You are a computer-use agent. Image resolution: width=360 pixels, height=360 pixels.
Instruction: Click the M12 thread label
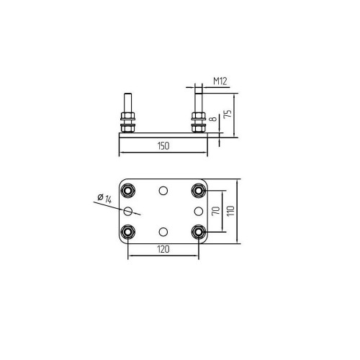click(x=220, y=81)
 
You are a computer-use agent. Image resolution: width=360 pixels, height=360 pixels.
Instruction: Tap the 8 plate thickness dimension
click(x=214, y=118)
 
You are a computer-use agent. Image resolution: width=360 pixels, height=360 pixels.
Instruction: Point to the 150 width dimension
click(x=163, y=146)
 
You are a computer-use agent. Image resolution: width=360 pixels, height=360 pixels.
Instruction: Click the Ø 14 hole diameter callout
click(x=105, y=199)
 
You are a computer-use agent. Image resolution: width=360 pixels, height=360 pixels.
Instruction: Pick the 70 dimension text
click(x=216, y=210)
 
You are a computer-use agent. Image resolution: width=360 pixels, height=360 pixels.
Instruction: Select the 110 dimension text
click(x=231, y=211)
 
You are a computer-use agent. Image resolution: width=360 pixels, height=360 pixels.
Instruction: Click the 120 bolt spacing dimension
click(x=163, y=250)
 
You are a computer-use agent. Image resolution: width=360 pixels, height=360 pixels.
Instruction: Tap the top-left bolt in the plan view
click(x=128, y=191)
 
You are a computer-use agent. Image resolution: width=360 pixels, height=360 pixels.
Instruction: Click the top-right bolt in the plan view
click(x=199, y=191)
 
